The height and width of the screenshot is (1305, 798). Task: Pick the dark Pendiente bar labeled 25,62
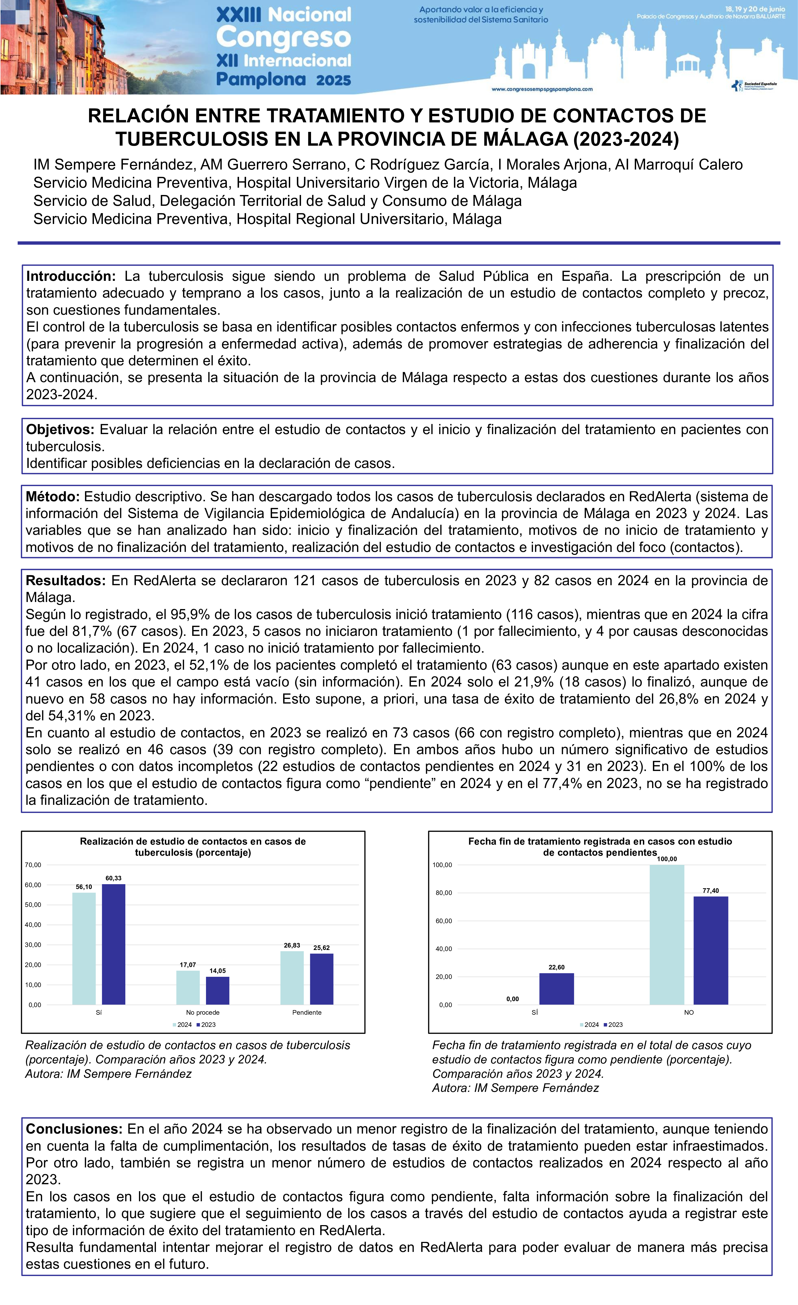pyautogui.click(x=321, y=979)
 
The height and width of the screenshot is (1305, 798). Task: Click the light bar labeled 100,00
pyautogui.click(x=667, y=935)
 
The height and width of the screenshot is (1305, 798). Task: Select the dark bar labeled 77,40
pyautogui.click(x=711, y=951)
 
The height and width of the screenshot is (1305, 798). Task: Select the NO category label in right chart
pyautogui.click(x=688, y=1013)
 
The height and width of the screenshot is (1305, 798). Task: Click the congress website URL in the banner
pyautogui.click(x=542, y=90)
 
